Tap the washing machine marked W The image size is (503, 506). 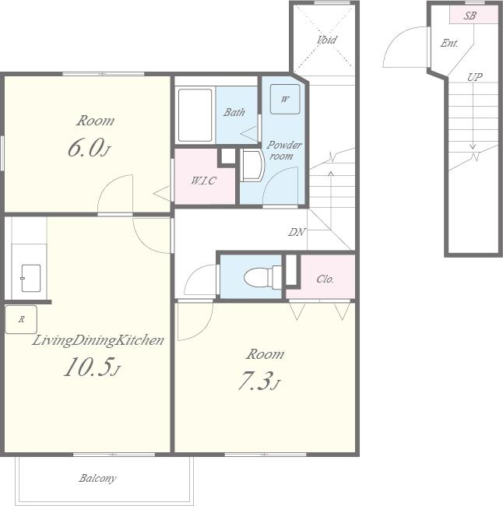tap(285, 99)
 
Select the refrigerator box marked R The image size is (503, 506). tap(21, 319)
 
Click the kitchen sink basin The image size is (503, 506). tap(30, 278)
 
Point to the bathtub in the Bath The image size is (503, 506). tap(195, 115)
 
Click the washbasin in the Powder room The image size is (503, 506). tap(252, 165)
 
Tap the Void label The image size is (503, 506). tap(326, 40)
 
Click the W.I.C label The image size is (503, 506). tap(203, 181)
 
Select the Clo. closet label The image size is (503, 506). tap(325, 279)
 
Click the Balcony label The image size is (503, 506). tap(97, 478)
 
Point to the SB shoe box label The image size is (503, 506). tap(470, 16)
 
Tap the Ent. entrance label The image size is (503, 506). tap(449, 44)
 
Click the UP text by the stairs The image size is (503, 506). tap(475, 77)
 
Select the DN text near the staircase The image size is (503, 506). tap(297, 232)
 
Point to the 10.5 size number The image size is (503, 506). tap(91, 367)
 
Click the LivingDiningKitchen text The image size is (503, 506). tap(98, 340)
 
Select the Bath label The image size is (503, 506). tap(234, 112)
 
